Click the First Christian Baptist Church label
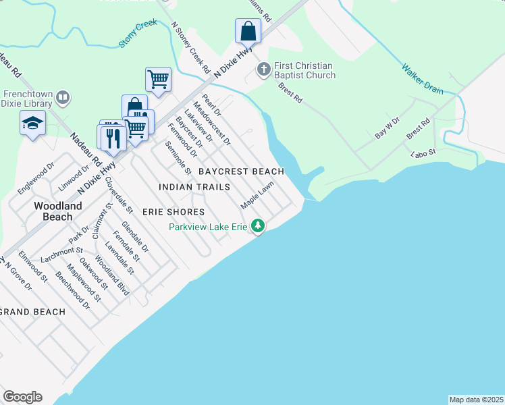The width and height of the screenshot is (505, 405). click(304, 70)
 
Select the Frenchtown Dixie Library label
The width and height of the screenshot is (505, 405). click(27, 99)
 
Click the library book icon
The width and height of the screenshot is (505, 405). click(63, 98)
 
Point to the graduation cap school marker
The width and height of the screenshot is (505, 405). click(32, 124)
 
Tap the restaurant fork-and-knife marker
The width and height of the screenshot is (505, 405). click(112, 138)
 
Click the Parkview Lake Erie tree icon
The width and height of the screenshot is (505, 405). click(257, 226)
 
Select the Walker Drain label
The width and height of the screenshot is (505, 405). click(423, 79)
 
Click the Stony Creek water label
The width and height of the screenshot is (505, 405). click(137, 33)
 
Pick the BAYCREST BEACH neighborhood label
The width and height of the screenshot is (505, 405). click(241, 171)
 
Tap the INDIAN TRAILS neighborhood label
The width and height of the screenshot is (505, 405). click(194, 187)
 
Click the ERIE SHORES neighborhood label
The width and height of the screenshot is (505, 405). click(174, 212)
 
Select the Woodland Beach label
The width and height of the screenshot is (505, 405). click(57, 211)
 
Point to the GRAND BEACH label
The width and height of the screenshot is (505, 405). click(33, 312)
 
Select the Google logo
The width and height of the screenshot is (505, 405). click(22, 397)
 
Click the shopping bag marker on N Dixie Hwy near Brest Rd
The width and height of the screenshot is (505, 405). click(248, 31)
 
